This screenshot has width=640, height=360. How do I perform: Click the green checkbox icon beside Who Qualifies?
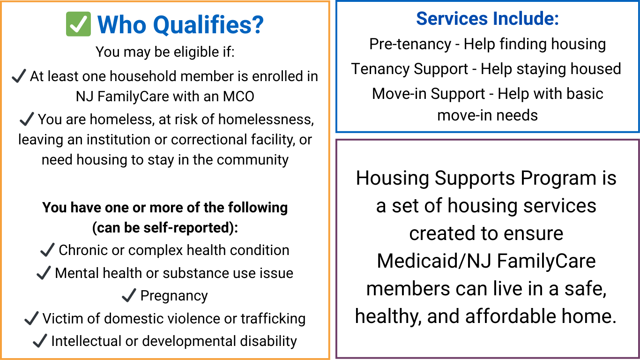tap(78, 24)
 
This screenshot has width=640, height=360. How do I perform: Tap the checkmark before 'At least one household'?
tap(19, 76)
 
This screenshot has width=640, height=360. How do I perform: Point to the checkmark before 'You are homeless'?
tap(27, 119)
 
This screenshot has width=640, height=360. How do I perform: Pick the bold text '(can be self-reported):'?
tap(165, 228)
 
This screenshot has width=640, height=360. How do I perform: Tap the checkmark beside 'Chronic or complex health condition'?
tap(48, 250)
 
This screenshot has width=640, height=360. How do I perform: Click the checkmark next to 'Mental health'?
tap(44, 273)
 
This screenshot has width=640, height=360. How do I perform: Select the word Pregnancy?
tap(174, 296)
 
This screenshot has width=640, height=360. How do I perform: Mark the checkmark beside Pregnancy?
tap(129, 296)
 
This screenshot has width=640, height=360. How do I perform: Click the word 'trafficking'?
tap(273, 319)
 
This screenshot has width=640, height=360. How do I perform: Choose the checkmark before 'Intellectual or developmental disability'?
tap(40, 341)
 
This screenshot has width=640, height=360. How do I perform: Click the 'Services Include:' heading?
tap(487, 19)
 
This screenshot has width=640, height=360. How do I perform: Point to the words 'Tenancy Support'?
tap(410, 69)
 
